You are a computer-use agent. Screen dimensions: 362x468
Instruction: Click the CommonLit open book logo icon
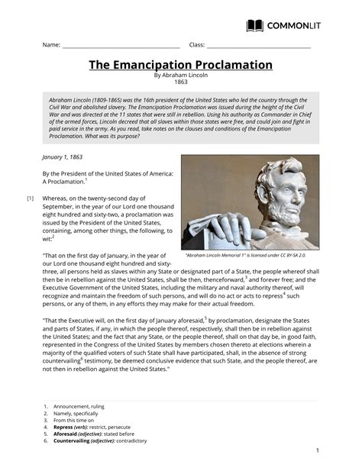(255, 26)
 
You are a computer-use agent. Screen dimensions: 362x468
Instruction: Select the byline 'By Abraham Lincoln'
(181, 76)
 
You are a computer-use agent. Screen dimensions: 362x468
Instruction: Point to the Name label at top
(51, 45)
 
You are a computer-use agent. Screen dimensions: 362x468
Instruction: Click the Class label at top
(196, 45)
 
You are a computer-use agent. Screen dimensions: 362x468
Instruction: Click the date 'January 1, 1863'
(62, 156)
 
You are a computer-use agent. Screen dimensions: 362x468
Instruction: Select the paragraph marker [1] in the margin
(31, 198)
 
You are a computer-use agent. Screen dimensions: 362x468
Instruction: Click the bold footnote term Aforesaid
(68, 434)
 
